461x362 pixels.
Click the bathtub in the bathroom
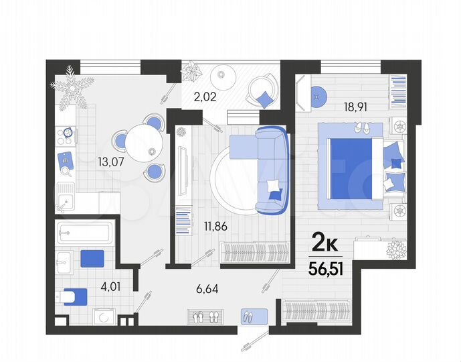click(x=82, y=233)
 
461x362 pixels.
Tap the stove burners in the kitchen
click(x=66, y=136)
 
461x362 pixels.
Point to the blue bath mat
click(x=93, y=258)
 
